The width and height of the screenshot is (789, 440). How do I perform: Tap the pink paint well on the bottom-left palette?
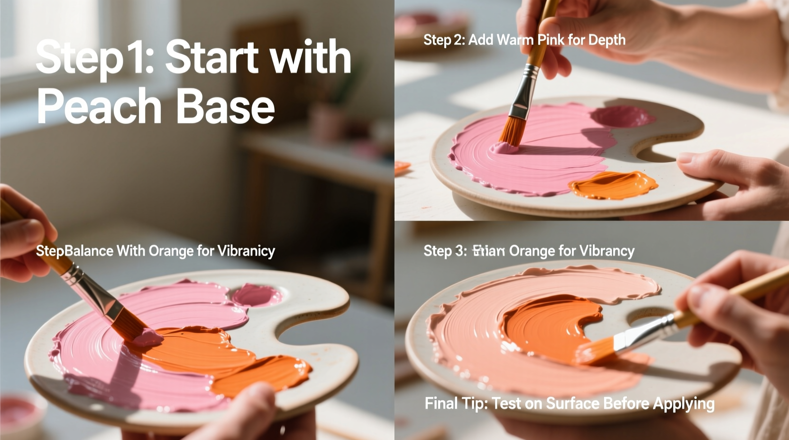256,295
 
